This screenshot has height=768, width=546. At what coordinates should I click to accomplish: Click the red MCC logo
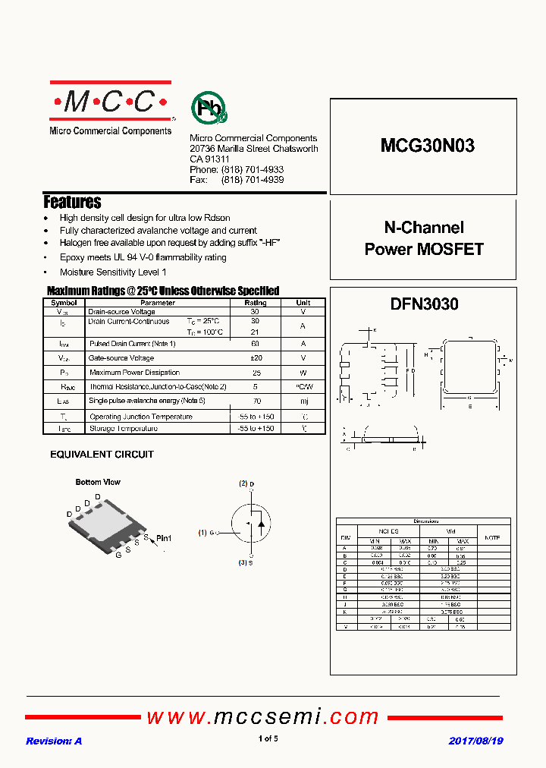tap(111, 101)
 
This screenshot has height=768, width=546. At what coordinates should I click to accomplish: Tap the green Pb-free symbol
tap(207, 109)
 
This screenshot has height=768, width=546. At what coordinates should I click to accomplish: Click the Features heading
tap(72, 202)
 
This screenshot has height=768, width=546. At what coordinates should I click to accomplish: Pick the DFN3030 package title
tap(424, 304)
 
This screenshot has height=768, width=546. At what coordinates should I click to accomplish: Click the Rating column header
tap(255, 303)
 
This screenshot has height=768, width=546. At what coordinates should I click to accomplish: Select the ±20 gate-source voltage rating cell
tap(255, 358)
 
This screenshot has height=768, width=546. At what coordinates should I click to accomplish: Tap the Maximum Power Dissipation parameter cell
tap(134, 373)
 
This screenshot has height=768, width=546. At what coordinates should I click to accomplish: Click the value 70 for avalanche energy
tap(256, 401)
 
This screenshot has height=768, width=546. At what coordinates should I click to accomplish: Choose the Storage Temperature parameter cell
tap(123, 429)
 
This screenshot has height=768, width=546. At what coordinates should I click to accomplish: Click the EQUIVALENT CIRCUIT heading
tap(102, 455)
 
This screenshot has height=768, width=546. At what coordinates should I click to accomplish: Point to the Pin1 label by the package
tap(164, 538)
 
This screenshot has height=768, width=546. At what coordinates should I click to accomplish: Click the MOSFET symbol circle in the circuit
tap(251, 524)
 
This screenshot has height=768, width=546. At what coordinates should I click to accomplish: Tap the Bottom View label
tap(98, 482)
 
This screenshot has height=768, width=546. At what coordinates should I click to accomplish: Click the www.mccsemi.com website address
tap(262, 716)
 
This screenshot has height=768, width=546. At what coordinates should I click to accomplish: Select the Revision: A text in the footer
tap(54, 741)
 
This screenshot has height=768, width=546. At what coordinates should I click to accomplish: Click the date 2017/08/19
tap(476, 741)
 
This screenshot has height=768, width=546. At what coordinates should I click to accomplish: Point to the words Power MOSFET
tap(424, 249)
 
